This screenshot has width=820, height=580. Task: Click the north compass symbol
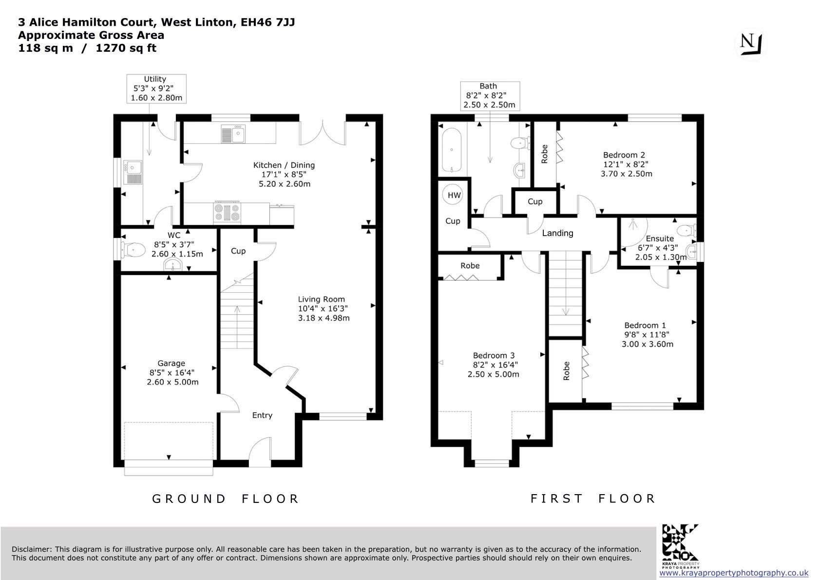pyautogui.click(x=751, y=44)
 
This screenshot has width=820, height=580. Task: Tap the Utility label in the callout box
pyautogui.click(x=155, y=79)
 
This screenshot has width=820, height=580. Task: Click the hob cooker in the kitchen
pyautogui.click(x=228, y=212)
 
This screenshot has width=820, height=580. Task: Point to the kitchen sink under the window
pyautogui.click(x=233, y=134)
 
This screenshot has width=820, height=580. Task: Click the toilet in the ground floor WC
pyautogui.click(x=131, y=250)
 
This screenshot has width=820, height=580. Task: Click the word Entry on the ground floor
pyautogui.click(x=262, y=415)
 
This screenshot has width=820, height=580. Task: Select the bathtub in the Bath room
pyautogui.click(x=452, y=150)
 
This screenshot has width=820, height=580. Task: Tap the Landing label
pyautogui.click(x=557, y=233)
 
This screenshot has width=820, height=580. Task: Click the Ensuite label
pyautogui.click(x=660, y=239)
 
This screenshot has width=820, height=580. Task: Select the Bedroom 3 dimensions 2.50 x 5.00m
pyautogui.click(x=494, y=375)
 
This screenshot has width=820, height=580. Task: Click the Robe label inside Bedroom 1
pyautogui.click(x=567, y=371)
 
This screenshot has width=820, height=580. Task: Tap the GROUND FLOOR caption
pyautogui.click(x=226, y=499)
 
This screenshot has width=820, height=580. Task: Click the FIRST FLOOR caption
pyautogui.click(x=593, y=499)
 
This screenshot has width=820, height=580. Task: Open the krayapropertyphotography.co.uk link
pyautogui.click(x=734, y=573)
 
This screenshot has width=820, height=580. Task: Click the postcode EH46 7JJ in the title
pyautogui.click(x=267, y=22)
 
